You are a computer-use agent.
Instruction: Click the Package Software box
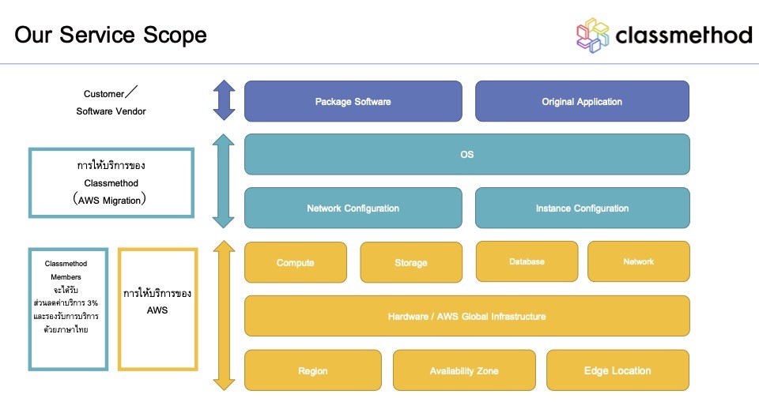point(353,101)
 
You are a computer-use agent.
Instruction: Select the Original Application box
point(582,101)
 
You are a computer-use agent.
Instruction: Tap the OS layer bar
point(466,154)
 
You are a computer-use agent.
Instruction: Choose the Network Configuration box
point(353,209)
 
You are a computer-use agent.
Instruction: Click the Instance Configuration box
point(582,209)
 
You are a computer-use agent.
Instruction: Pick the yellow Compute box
point(296,262)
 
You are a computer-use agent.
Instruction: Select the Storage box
point(411,262)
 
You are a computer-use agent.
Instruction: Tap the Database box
point(526,261)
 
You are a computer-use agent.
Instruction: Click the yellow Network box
point(638,261)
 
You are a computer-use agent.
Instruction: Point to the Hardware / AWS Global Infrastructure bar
point(466,316)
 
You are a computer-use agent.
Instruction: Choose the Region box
point(313,370)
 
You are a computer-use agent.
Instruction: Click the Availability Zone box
point(464,370)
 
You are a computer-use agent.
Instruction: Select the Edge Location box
point(617,370)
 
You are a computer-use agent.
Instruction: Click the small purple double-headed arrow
point(225,100)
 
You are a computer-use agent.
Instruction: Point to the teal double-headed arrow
point(225,181)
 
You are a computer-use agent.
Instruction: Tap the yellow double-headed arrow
point(225,315)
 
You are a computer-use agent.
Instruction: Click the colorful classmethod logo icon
point(593,35)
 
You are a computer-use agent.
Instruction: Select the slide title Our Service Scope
point(111,35)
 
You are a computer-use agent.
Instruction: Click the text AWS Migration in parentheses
point(111,201)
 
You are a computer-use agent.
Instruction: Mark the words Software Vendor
point(111,111)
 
